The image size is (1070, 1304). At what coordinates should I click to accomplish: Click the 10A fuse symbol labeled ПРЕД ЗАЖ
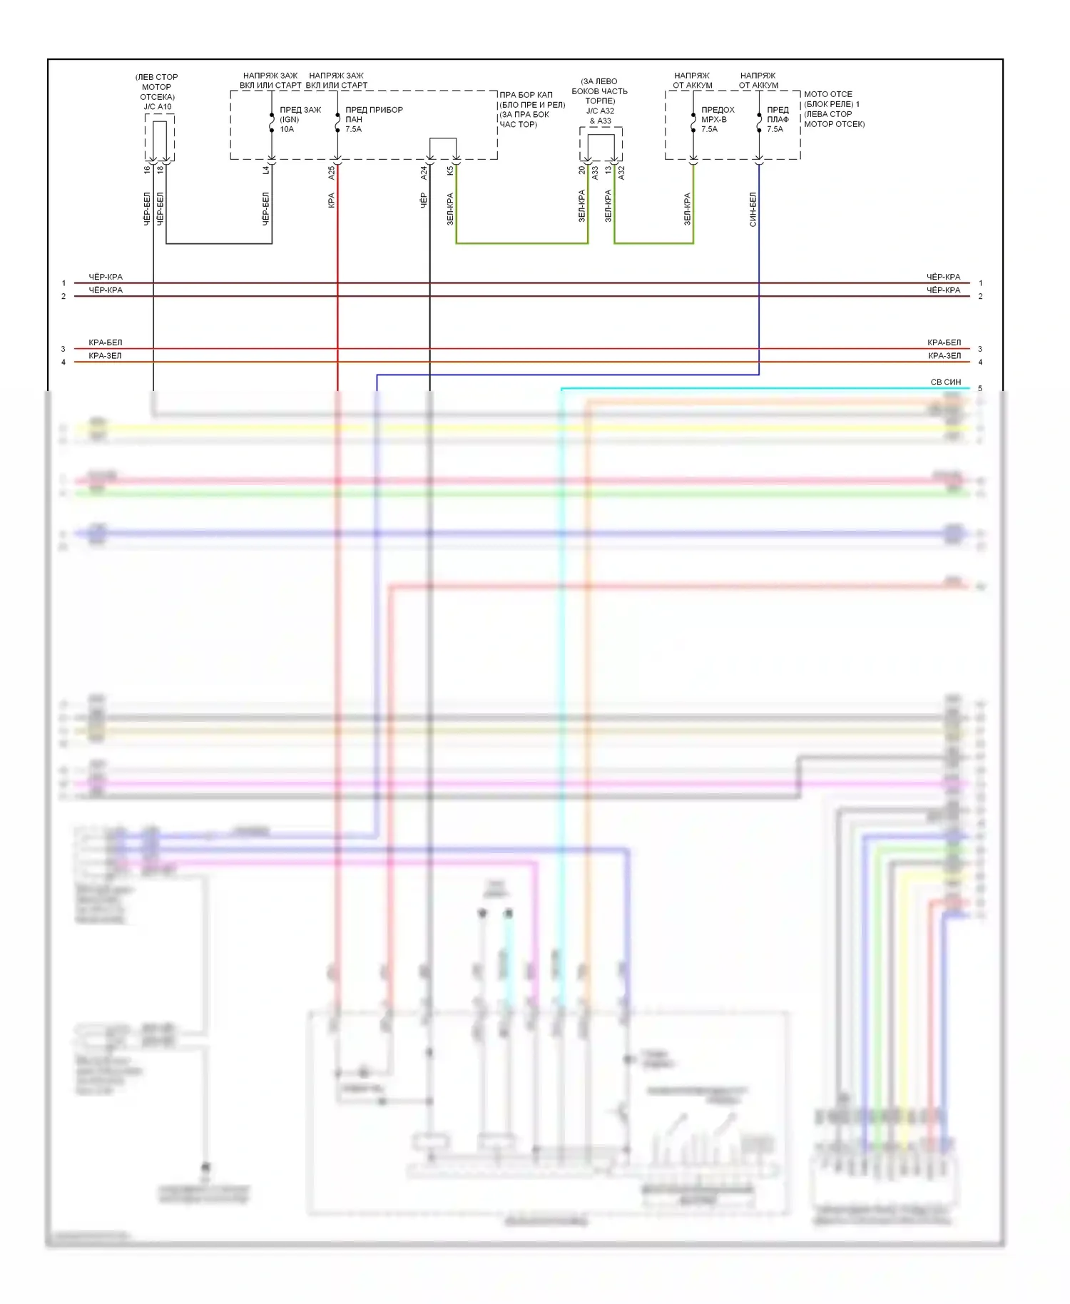pyautogui.click(x=272, y=122)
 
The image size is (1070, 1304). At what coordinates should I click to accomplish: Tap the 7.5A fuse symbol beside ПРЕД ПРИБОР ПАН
pyautogui.click(x=337, y=122)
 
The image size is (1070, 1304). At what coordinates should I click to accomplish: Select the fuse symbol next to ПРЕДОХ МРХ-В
pyautogui.click(x=693, y=122)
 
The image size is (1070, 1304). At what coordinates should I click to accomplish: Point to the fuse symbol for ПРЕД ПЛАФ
pyautogui.click(x=759, y=122)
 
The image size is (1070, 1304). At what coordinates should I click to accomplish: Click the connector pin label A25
pyautogui.click(x=331, y=173)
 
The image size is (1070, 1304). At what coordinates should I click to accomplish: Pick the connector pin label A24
pyautogui.click(x=423, y=173)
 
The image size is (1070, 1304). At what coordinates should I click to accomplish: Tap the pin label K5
pyautogui.click(x=449, y=171)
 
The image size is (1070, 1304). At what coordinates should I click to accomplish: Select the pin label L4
pyautogui.click(x=265, y=170)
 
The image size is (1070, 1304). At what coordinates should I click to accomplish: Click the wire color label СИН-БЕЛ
pyautogui.click(x=753, y=210)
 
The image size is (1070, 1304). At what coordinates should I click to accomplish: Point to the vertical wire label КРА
pyautogui.click(x=331, y=200)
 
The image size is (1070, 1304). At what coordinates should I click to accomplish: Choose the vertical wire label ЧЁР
pyautogui.click(x=423, y=200)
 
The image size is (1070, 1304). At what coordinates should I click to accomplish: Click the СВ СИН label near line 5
pyautogui.click(x=945, y=382)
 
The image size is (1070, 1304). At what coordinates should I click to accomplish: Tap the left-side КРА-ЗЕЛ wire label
pyautogui.click(x=105, y=356)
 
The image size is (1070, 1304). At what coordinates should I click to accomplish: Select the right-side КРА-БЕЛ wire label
pyautogui.click(x=944, y=342)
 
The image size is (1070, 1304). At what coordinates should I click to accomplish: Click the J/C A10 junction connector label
pyautogui.click(x=158, y=107)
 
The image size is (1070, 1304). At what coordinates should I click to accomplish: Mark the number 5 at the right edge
pyautogui.click(x=980, y=389)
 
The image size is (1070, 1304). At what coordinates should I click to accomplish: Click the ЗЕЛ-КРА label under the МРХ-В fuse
pyautogui.click(x=687, y=209)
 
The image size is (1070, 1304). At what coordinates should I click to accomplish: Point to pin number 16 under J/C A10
pyautogui.click(x=147, y=170)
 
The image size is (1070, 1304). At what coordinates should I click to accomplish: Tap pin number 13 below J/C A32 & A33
pyautogui.click(x=608, y=170)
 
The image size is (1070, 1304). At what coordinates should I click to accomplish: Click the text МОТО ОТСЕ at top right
pyautogui.click(x=827, y=94)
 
